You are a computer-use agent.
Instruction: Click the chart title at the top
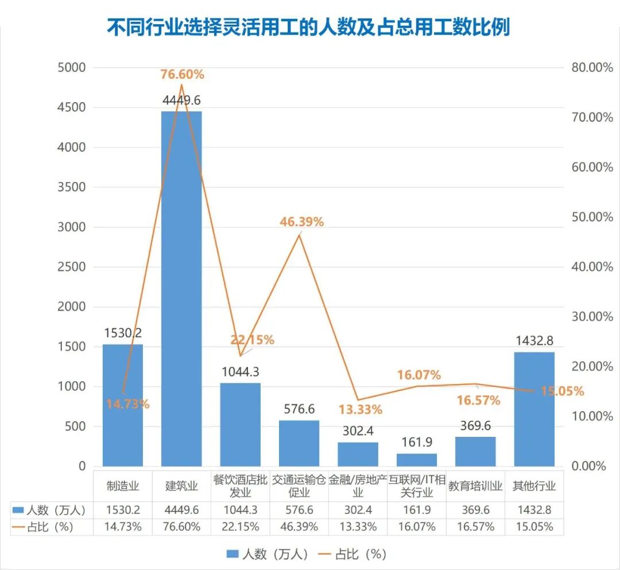[308, 27]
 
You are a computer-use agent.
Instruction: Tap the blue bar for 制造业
[122, 405]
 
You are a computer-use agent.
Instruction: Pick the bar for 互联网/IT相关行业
[417, 460]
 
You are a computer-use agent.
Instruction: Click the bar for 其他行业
[534, 409]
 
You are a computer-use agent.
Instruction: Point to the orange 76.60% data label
[182, 75]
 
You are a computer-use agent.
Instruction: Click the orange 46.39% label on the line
[301, 222]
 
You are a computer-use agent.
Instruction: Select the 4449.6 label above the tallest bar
[181, 100]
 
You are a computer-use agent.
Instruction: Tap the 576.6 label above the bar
[299, 409]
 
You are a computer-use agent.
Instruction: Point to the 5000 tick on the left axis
[72, 67]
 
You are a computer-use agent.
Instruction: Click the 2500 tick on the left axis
[72, 267]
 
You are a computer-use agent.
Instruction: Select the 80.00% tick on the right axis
[592, 67]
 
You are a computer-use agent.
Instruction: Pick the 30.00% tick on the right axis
[592, 316]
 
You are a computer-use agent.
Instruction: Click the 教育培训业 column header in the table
[475, 486]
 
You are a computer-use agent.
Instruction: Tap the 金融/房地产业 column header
[358, 486]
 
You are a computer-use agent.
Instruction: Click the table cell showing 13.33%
[358, 526]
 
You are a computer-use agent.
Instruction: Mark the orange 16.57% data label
[478, 400]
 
